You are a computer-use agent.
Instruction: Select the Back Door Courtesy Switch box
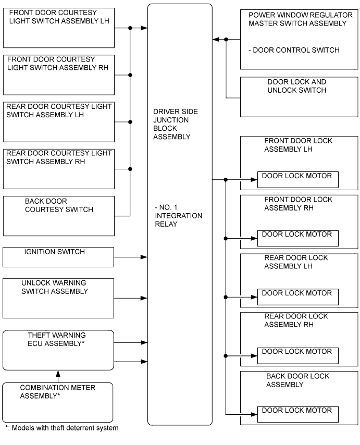58,216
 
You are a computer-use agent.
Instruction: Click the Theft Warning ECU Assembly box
58,350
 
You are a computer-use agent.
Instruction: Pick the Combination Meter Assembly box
58,402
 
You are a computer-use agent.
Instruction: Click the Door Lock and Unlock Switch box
299,97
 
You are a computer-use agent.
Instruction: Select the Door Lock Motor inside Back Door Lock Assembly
297,415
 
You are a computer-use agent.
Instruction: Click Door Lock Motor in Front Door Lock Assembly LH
297,179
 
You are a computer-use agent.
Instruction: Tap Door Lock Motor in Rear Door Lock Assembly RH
297,356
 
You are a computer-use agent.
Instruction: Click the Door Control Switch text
294,51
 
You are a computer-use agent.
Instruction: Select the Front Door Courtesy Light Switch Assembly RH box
58,75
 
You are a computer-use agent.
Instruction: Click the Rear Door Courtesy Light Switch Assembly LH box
58,121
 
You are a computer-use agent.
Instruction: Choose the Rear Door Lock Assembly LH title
296,262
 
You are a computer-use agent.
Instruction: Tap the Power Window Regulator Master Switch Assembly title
298,20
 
